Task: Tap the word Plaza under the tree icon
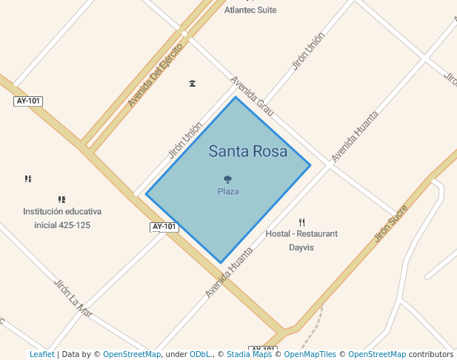(228, 191)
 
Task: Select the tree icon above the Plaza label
(228, 179)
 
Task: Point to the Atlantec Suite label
(250, 10)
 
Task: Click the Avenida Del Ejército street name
(155, 75)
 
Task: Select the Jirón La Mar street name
(73, 298)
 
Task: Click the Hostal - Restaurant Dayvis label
(301, 240)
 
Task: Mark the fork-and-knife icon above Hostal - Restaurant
(301, 222)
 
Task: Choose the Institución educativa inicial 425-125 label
(62, 218)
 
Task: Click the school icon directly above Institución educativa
(61, 199)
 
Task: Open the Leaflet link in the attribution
(41, 355)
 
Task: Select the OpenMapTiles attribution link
(310, 355)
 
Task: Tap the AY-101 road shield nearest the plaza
(164, 227)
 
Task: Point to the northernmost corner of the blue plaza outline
(236, 97)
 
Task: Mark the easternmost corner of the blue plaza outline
(310, 164)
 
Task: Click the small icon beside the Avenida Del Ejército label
(193, 83)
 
